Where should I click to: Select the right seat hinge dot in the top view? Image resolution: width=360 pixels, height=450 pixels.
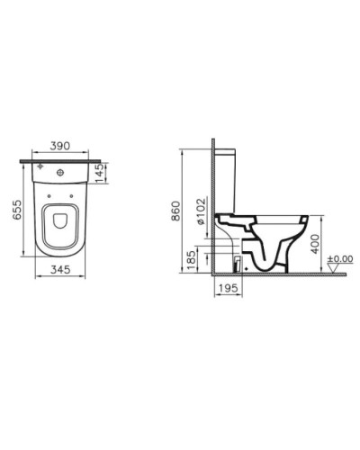tap(79, 190)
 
